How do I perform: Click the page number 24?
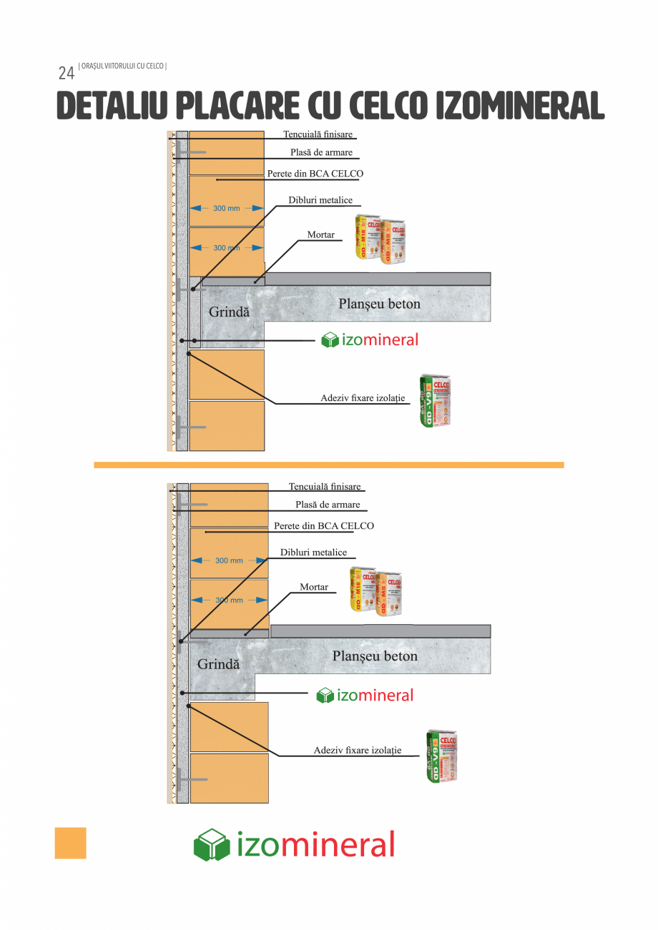(x=66, y=73)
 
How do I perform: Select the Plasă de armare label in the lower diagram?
(x=328, y=505)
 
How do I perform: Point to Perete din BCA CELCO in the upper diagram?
(x=315, y=174)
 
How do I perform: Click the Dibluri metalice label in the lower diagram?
(x=313, y=553)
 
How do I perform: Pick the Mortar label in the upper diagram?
(x=320, y=234)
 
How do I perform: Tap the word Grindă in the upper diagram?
(x=229, y=312)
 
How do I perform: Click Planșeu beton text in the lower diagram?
(x=375, y=656)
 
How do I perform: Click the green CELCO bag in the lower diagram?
(x=441, y=756)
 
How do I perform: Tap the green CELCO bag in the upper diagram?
(x=436, y=401)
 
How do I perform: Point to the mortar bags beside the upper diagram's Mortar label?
(x=380, y=239)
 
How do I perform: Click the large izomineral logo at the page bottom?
(x=294, y=845)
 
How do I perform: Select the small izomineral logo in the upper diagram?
(x=370, y=340)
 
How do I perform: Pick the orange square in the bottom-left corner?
(x=70, y=843)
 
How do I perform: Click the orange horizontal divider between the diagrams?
(x=329, y=465)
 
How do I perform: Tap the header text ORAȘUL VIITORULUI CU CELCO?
(x=123, y=66)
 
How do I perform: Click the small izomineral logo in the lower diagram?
(x=365, y=696)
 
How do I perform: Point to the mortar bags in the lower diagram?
(x=375, y=591)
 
